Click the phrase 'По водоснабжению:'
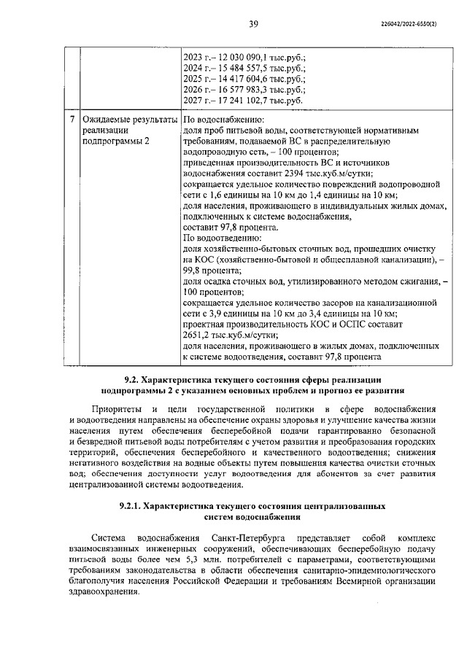click(223, 119)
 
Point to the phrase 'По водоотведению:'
click(222, 238)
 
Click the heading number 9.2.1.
click(131, 505)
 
